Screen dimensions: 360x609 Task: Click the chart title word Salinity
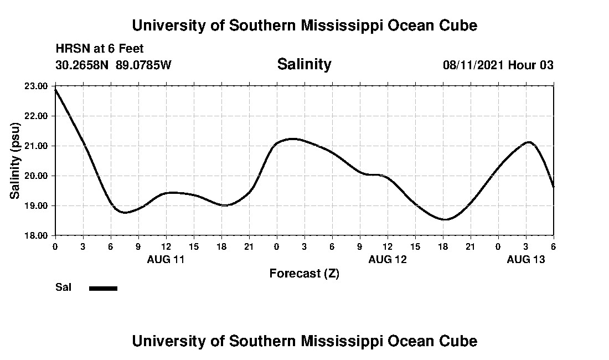point(304,64)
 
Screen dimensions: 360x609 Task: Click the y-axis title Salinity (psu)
point(16,161)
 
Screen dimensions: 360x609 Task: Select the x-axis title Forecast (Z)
point(304,274)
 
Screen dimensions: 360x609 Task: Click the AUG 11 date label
point(166,259)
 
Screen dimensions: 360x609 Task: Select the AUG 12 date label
point(387,259)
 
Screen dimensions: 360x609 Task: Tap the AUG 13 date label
point(525,259)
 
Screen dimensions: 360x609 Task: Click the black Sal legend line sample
point(104,288)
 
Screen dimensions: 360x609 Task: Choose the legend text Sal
point(63,287)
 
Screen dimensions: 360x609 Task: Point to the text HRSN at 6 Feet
point(100,49)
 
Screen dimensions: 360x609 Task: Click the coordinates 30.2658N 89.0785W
point(113,65)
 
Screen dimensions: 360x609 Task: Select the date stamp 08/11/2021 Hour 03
point(498,65)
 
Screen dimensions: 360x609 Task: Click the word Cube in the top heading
point(459,25)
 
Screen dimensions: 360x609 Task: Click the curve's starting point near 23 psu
point(55,89)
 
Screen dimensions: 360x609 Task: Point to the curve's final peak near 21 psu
point(529,142)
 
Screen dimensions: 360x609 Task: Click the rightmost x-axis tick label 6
point(553,246)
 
